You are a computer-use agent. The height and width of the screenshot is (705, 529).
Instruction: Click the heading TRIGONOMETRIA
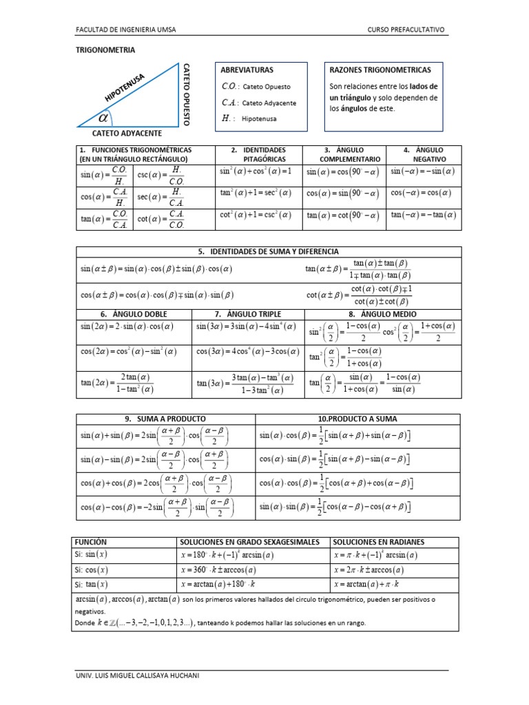(x=105, y=50)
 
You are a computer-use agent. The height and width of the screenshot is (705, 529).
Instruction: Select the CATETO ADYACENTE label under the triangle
(x=127, y=133)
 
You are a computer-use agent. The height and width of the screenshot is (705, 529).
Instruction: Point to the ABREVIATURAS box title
(x=247, y=70)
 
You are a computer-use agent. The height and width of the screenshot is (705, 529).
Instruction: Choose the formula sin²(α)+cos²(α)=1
(x=256, y=171)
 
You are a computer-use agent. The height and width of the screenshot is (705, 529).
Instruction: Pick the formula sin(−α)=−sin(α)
(x=423, y=171)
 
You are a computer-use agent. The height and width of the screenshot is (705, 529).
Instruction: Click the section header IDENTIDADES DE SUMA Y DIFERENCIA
(x=267, y=251)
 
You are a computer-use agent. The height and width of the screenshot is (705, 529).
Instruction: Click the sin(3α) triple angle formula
(x=246, y=326)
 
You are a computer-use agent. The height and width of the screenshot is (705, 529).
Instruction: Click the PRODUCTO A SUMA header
(x=357, y=419)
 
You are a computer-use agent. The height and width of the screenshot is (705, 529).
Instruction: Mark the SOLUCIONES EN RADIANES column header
(x=379, y=542)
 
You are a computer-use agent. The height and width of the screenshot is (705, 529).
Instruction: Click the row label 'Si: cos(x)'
(x=92, y=569)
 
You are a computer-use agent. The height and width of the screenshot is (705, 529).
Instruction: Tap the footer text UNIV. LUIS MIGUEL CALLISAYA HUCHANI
(x=138, y=675)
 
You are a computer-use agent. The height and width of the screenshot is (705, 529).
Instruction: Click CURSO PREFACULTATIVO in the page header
(x=407, y=30)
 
